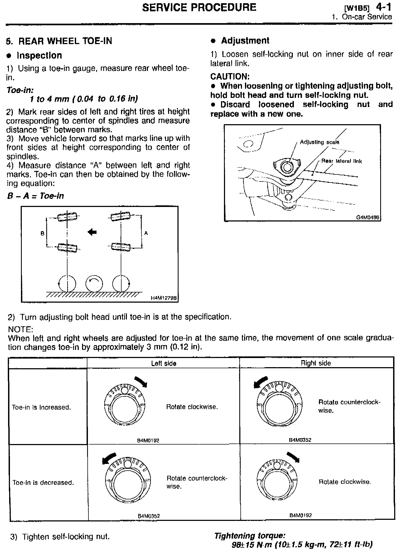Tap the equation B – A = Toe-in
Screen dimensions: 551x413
pyautogui.click(x=35, y=196)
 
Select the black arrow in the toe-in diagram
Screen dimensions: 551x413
pyautogui.click(x=92, y=232)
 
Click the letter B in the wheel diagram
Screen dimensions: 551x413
pyautogui.click(x=42, y=234)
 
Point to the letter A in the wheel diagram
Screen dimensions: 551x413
pyautogui.click(x=146, y=233)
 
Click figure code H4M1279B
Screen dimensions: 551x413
pyautogui.click(x=163, y=298)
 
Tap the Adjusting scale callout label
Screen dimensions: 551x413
pyautogui.click(x=319, y=142)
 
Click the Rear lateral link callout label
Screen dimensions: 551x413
pyautogui.click(x=341, y=161)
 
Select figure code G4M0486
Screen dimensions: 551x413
pyautogui.click(x=368, y=217)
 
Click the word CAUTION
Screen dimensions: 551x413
pyautogui.click(x=230, y=77)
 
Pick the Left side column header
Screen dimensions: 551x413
pyautogui.click(x=163, y=363)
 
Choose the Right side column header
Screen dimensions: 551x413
pyautogui.click(x=316, y=363)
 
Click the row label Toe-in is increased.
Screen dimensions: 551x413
pyautogui.click(x=41, y=407)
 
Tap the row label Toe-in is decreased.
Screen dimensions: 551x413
pyautogui.click(x=43, y=482)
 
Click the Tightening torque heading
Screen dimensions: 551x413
pyautogui.click(x=250, y=536)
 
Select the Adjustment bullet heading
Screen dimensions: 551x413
pyautogui.click(x=245, y=41)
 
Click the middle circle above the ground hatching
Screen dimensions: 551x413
pyautogui.click(x=94, y=284)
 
